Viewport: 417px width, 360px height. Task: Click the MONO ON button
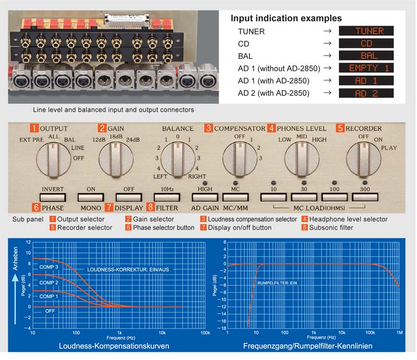(x=91, y=197)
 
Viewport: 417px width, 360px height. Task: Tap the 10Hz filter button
(x=167, y=197)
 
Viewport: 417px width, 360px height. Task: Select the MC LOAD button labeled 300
(x=364, y=197)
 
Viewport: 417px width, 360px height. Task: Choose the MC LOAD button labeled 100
(x=334, y=197)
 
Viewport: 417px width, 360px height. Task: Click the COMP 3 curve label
(x=48, y=267)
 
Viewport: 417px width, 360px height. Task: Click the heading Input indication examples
(x=286, y=18)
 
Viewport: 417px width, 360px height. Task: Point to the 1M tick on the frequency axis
(x=399, y=332)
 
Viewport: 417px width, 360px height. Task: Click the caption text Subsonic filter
(x=331, y=227)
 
